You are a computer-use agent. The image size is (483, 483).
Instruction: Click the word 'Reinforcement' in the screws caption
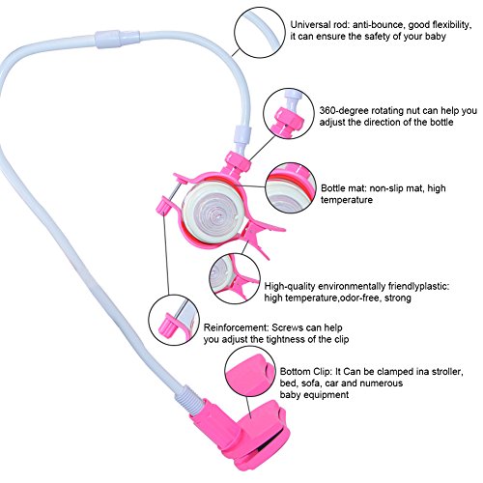pyautogui.click(x=236, y=327)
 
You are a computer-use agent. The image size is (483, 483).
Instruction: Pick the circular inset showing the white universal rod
pyautogui.click(x=260, y=32)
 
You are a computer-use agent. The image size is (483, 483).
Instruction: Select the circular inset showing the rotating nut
pyautogui.click(x=289, y=114)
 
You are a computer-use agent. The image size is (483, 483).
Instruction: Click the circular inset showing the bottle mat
pyautogui.click(x=291, y=187)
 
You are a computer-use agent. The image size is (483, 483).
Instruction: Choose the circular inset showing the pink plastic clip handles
pyautogui.click(x=235, y=277)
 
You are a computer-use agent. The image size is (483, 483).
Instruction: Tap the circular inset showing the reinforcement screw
pyautogui.click(x=174, y=320)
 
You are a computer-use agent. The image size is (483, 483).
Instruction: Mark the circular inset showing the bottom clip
pyautogui.click(x=250, y=376)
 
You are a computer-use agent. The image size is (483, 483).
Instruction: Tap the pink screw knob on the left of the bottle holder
pyautogui.click(x=163, y=204)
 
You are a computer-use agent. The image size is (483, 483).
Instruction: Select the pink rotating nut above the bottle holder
pyautogui.click(x=238, y=161)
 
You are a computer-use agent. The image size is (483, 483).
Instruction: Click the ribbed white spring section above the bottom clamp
pyautogui.click(x=187, y=398)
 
